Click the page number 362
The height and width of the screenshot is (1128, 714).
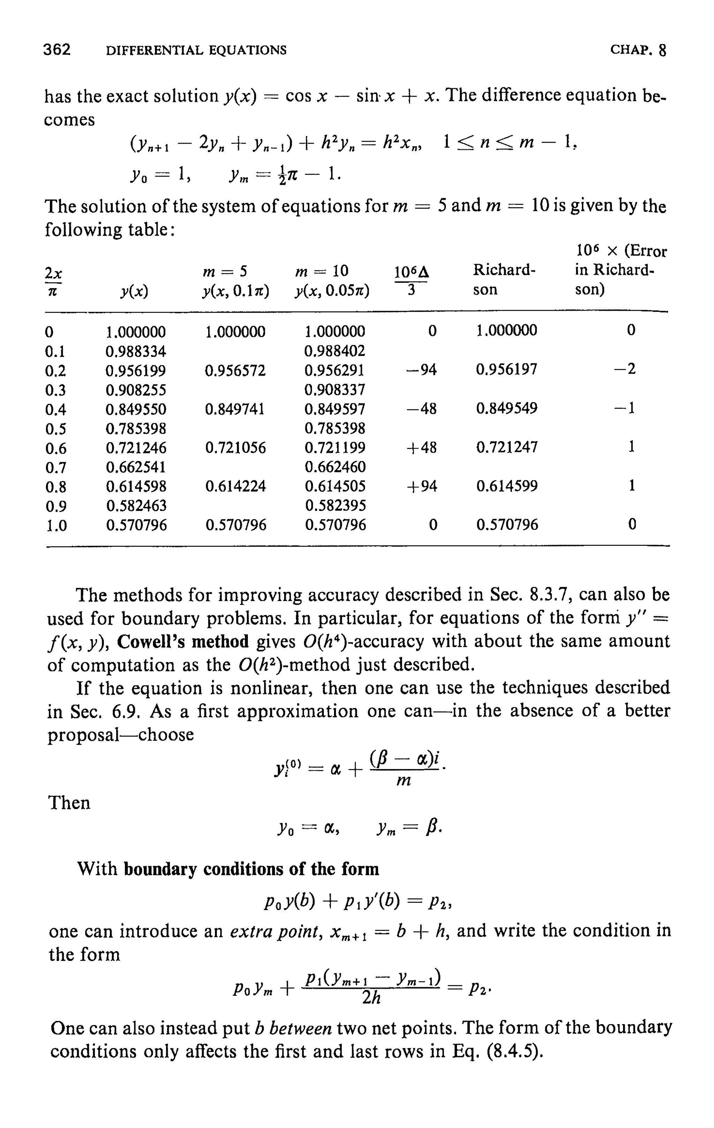coord(56,50)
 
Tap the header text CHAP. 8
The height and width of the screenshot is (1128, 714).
coord(638,50)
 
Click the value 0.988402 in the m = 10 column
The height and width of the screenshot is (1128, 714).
coord(334,351)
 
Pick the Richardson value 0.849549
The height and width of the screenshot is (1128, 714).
coord(507,408)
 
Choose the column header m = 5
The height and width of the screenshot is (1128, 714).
coord(225,271)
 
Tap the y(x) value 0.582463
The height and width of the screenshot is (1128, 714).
coord(136,506)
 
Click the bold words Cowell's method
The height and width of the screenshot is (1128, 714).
coord(183,641)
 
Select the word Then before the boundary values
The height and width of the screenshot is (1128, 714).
coord(69,803)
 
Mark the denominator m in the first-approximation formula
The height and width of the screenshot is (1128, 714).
coord(404,780)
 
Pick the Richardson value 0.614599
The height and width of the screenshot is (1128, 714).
coord(507,486)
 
